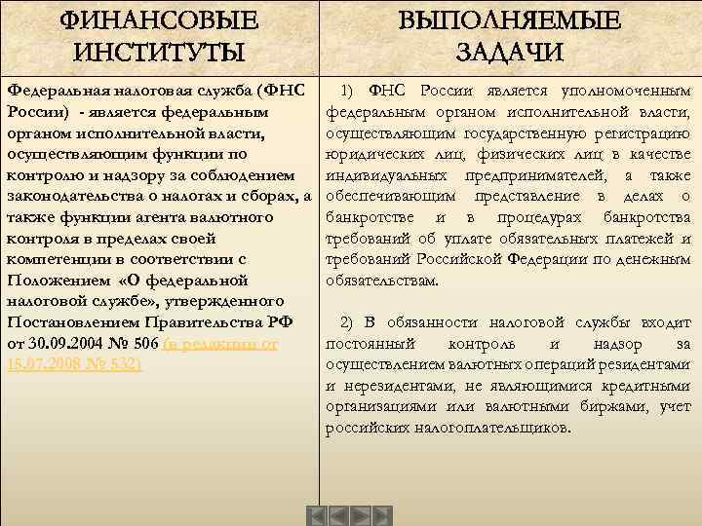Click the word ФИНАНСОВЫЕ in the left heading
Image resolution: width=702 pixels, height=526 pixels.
click(160, 19)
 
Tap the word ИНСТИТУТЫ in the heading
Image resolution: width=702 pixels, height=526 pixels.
click(160, 51)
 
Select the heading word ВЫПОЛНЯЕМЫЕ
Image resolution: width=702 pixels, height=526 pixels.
click(509, 19)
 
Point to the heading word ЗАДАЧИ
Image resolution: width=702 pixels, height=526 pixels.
click(509, 51)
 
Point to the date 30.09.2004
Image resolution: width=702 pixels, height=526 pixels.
click(72, 343)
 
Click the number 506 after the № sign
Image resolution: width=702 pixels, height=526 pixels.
click(145, 343)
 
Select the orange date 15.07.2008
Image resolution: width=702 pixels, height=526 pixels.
click(44, 364)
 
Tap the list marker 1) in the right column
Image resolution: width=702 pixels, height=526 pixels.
click(351, 91)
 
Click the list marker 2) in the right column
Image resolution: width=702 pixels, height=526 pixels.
click(351, 322)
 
